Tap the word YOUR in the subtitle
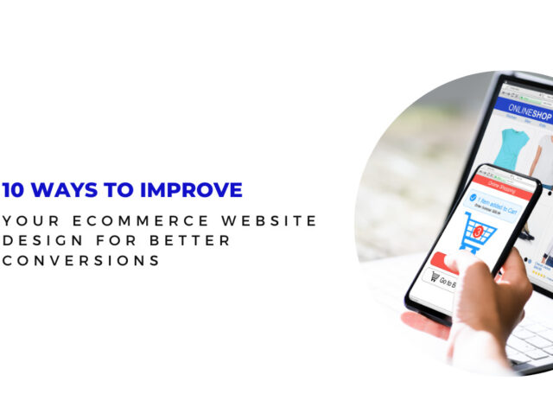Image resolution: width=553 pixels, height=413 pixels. (30, 221)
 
